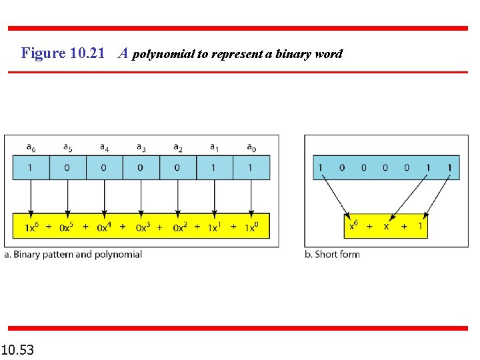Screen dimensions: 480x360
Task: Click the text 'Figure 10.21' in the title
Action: pyautogui.click(x=63, y=53)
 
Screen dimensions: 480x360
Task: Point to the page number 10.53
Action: pyautogui.click(x=18, y=349)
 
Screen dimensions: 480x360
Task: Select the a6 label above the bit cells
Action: pyautogui.click(x=31, y=147)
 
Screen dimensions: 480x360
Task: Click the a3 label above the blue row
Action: pyautogui.click(x=141, y=147)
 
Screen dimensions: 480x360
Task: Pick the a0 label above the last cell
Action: pyautogui.click(x=251, y=147)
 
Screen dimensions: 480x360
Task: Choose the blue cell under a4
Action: pyautogui.click(x=104, y=167)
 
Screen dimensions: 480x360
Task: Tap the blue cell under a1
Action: pyautogui.click(x=214, y=167)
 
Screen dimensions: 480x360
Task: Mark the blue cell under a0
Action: pyautogui.click(x=251, y=167)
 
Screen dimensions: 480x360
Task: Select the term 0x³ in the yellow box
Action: pyautogui.click(x=143, y=227)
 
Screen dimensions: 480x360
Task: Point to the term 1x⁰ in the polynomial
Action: pyautogui.click(x=252, y=227)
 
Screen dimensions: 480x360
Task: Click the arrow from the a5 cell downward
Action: pyautogui.click(x=67, y=196)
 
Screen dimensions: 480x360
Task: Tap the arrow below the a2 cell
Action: pyautogui.click(x=177, y=196)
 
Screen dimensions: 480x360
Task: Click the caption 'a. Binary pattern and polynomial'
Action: pyautogui.click(x=73, y=254)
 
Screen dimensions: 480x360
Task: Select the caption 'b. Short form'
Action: pyautogui.click(x=332, y=254)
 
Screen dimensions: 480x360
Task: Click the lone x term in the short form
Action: pyautogui.click(x=386, y=227)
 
